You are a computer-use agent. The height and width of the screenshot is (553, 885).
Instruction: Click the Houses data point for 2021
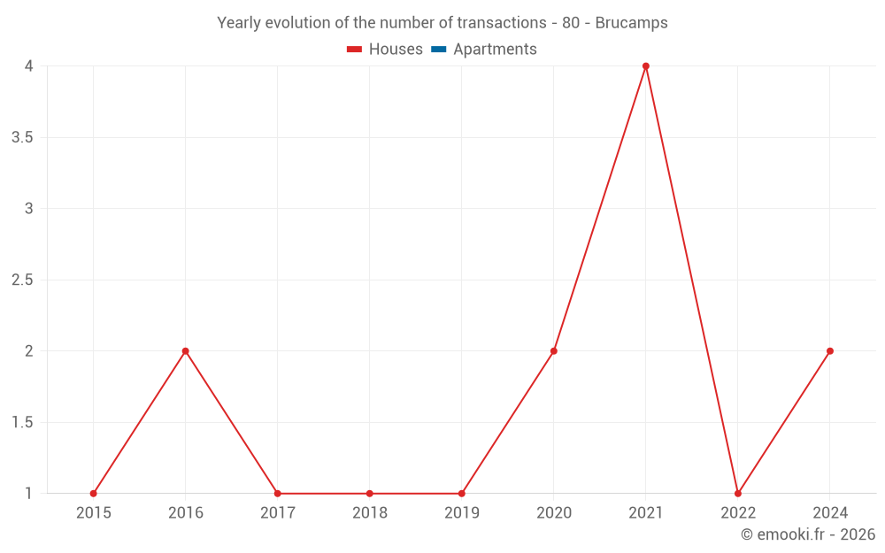646,66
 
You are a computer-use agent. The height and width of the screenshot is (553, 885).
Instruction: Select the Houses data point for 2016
186,351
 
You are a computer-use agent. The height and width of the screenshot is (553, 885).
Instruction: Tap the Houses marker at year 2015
94,494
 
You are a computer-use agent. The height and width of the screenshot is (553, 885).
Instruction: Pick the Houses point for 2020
554,351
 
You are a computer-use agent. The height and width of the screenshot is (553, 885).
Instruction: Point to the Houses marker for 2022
738,494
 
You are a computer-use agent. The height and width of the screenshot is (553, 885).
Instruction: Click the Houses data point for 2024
830,351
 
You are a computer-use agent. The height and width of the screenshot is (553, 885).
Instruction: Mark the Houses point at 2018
370,494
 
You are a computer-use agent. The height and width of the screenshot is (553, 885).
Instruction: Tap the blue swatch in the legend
439,50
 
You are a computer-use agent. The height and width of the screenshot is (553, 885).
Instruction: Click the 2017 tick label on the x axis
278,513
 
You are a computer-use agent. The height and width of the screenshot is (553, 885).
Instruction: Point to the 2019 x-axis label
462,513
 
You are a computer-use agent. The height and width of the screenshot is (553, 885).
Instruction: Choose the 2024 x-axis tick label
830,513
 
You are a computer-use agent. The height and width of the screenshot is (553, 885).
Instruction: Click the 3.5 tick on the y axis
23,138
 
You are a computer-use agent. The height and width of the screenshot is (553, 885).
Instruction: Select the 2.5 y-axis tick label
23,280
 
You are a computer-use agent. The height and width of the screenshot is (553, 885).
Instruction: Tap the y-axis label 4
29,66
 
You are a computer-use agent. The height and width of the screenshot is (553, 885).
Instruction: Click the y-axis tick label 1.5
23,423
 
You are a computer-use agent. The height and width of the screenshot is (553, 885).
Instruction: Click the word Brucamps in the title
632,23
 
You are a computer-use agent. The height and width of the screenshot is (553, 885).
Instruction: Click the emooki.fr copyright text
808,534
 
